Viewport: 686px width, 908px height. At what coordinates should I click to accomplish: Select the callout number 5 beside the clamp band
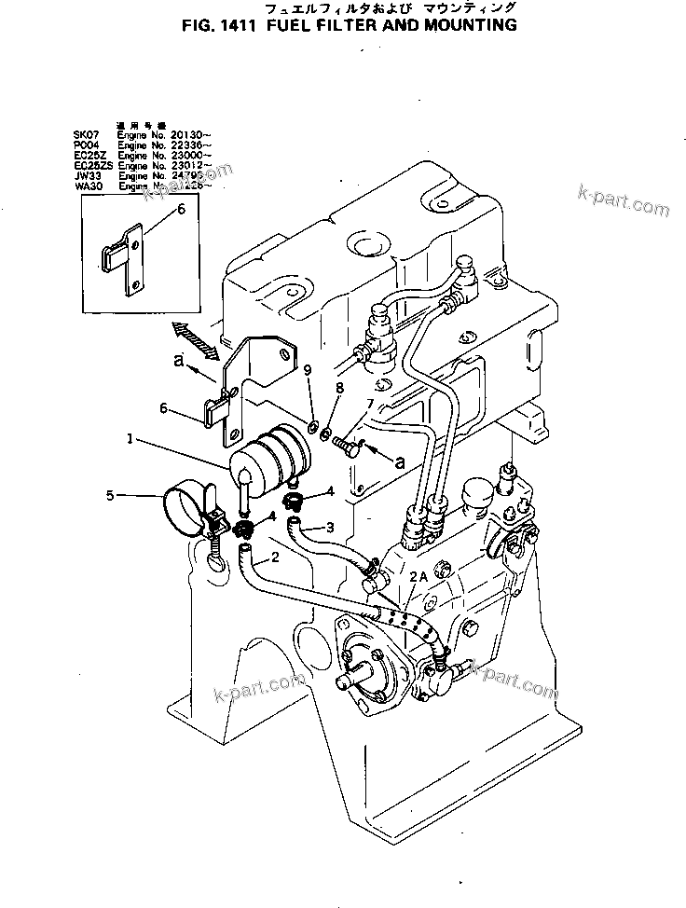coord(111,496)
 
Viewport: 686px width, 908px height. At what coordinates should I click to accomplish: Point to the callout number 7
coord(370,403)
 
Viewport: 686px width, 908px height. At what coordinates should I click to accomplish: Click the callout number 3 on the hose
coord(330,528)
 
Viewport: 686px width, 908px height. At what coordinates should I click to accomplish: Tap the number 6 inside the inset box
coord(181,209)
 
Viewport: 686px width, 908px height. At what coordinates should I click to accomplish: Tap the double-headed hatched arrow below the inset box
coord(194,338)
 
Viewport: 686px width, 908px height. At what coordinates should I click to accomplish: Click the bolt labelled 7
coord(348,446)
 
